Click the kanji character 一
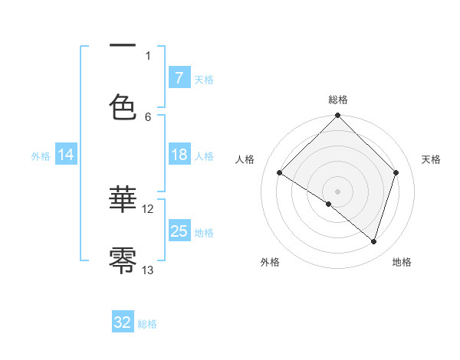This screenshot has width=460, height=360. [123, 46]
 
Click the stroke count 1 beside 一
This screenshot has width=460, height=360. [148, 55]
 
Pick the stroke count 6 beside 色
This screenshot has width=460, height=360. [148, 116]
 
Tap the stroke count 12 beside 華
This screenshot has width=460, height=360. [148, 208]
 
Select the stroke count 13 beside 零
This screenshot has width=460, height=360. [148, 270]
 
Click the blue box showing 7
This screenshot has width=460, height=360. [179, 78]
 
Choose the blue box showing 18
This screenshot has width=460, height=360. [179, 155]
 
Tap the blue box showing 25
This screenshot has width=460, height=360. [179, 231]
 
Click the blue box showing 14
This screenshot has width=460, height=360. [66, 155]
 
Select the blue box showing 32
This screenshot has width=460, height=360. [123, 323]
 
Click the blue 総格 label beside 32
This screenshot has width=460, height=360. [147, 324]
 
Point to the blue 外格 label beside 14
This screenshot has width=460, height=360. [41, 156]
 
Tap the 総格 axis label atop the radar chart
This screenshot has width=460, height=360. [338, 100]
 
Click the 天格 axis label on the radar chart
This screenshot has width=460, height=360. [432, 159]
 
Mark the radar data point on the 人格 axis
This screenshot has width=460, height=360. [280, 173]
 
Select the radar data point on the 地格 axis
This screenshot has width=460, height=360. [374, 241]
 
